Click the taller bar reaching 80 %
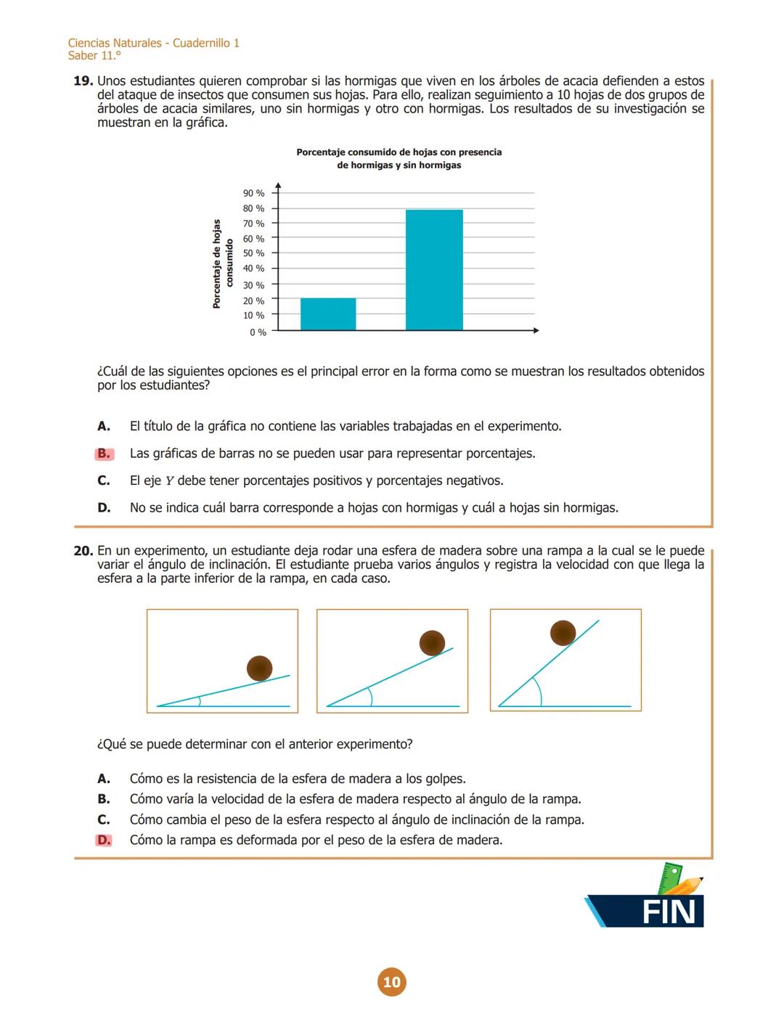(x=434, y=270)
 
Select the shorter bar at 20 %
(x=328, y=314)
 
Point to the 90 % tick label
(x=253, y=193)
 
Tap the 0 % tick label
(x=258, y=332)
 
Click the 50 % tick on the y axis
(x=253, y=253)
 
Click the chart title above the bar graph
(x=399, y=159)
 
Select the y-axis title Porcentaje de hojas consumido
(x=222, y=264)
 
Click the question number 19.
(x=83, y=81)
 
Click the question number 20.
(x=83, y=551)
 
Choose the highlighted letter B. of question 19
(x=104, y=454)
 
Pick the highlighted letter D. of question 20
(x=104, y=841)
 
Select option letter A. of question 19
(x=104, y=426)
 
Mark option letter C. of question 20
(x=104, y=819)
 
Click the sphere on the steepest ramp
(x=563, y=633)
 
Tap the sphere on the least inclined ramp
(x=259, y=668)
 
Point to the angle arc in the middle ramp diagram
(x=370, y=696)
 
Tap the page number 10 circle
(x=391, y=982)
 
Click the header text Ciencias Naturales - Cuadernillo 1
(x=154, y=43)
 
